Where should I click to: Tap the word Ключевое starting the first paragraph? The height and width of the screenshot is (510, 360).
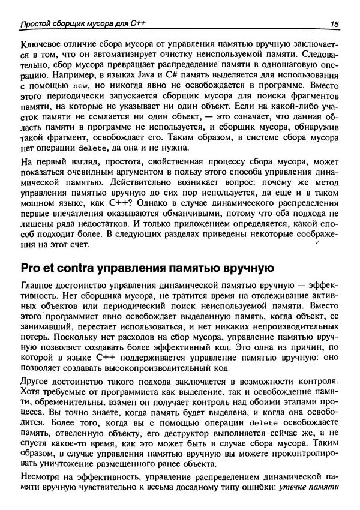(x=43, y=45)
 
